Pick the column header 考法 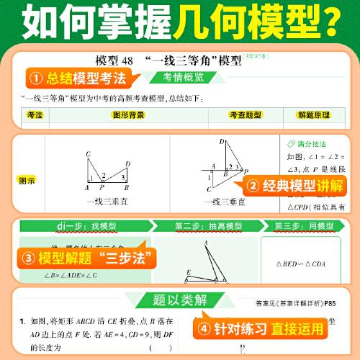point(34,114)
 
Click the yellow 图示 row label point(27,180)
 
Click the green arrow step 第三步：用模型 point(300,226)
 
